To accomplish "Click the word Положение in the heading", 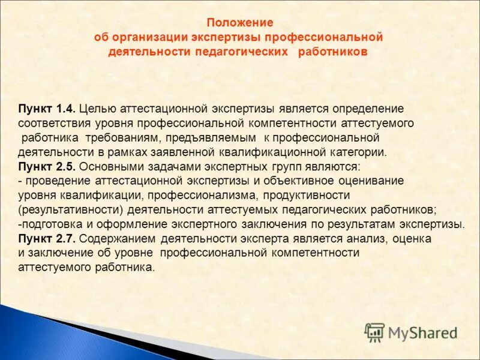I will pyautogui.click(x=240, y=23).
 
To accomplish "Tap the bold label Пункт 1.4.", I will pyautogui.click(x=47, y=109).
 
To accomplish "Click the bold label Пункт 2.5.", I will pyautogui.click(x=47, y=166).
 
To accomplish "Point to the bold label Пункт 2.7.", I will pyautogui.click(x=47, y=238).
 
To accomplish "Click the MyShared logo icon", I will pyautogui.click(x=374, y=332).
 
